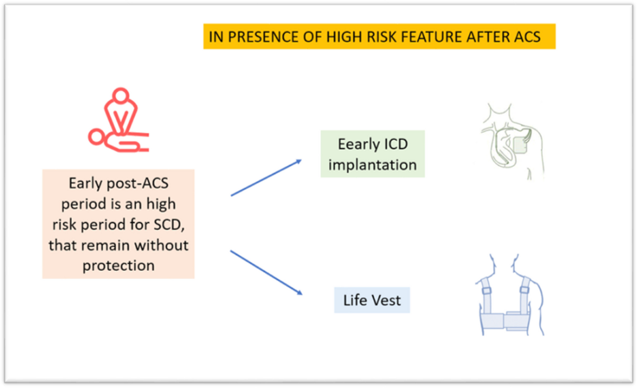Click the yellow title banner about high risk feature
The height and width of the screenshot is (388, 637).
380,37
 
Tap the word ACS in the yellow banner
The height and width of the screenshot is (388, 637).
527,37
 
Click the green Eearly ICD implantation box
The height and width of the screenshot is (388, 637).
373,154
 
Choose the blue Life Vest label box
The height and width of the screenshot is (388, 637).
372,300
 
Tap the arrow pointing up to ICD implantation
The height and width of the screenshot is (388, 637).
266,178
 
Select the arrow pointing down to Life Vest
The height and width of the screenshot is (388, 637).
266,273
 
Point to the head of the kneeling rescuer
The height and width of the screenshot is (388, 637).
120,95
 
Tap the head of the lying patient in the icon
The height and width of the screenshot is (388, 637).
96,137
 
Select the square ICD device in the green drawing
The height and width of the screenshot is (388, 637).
520,144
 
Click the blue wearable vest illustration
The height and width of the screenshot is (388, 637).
510,295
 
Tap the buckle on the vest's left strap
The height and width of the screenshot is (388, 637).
487,291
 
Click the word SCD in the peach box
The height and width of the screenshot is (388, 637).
169,225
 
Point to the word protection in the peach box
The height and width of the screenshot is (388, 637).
118,266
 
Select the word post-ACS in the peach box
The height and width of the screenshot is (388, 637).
137,183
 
